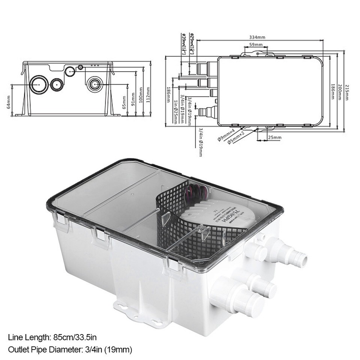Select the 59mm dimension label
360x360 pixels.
(x=255, y=45)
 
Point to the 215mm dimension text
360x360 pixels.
(x=347, y=92)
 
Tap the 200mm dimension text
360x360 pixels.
(x=340, y=92)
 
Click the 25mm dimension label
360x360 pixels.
(x=274, y=138)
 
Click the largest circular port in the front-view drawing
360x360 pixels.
(x=39, y=84)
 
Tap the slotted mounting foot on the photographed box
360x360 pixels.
(x=139, y=313)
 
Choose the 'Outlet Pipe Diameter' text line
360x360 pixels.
(x=70, y=350)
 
